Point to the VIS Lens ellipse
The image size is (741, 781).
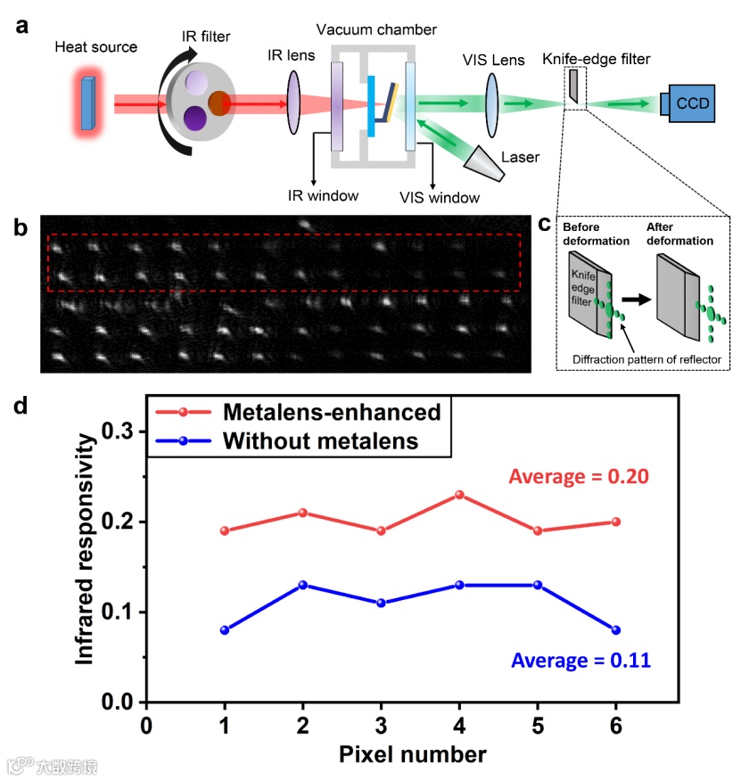491,103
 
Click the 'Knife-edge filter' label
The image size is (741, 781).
596,59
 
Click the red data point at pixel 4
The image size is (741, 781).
459,494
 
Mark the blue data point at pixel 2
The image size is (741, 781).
303,585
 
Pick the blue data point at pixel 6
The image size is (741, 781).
615,629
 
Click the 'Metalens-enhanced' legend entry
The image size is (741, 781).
333,412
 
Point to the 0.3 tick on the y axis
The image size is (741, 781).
121,432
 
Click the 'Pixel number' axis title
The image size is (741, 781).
412,754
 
